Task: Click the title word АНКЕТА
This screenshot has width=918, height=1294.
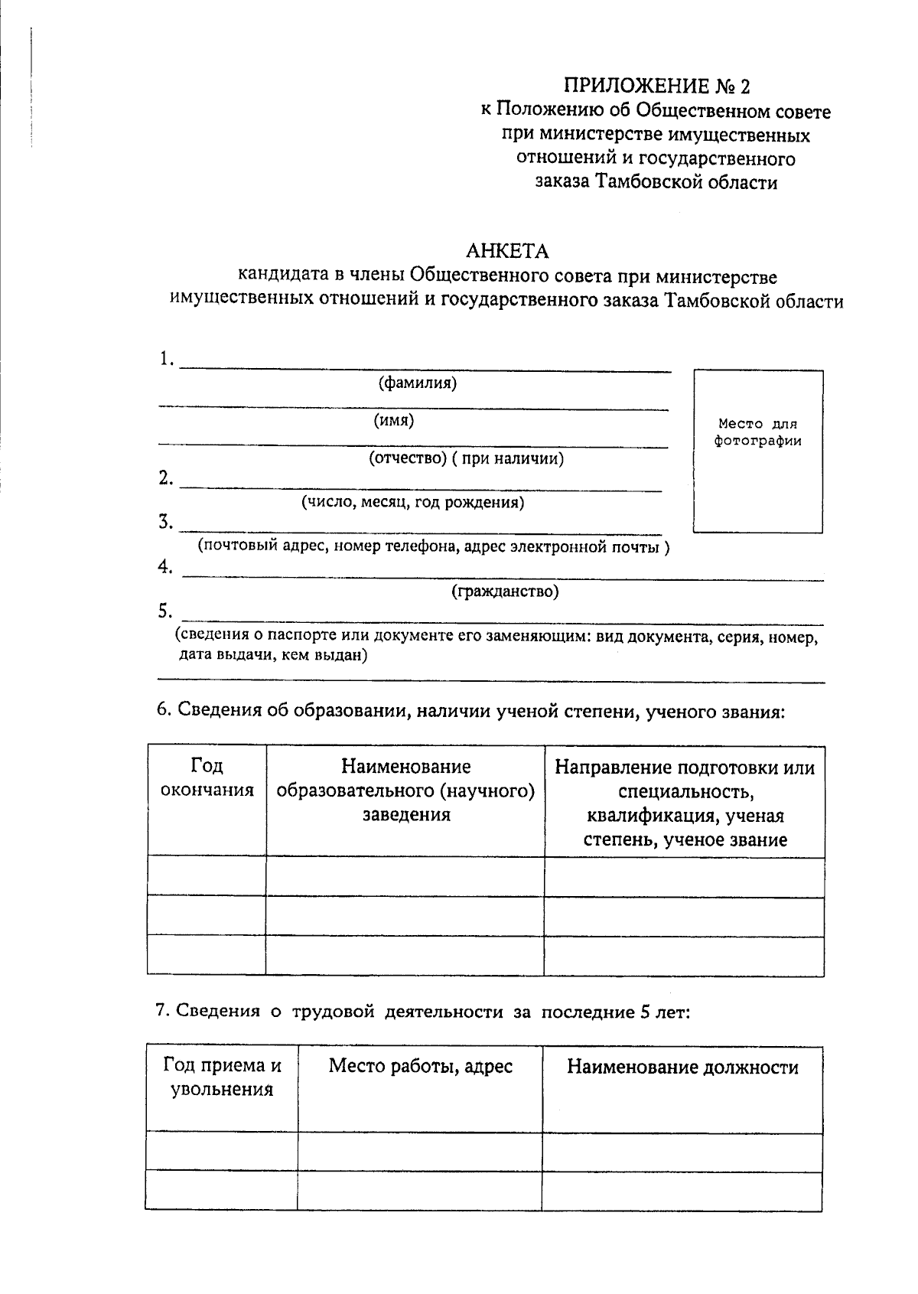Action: point(507,251)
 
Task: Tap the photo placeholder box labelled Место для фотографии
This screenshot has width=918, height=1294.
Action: point(757,451)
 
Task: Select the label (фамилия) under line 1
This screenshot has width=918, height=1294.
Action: point(418,383)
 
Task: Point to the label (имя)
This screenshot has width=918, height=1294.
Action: point(394,420)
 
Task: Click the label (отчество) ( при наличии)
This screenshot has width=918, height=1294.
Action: point(467,458)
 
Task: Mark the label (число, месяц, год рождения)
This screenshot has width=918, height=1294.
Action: point(412,503)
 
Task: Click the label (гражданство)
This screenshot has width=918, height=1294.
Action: point(505,592)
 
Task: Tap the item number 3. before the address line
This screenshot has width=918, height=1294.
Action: point(166,523)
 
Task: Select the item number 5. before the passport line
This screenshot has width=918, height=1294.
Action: point(166,611)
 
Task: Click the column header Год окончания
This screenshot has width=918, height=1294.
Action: point(207,778)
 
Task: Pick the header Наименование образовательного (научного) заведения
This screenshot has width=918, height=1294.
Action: point(405,790)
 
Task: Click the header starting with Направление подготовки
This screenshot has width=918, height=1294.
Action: point(684,803)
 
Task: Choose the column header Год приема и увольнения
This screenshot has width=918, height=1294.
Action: point(222,1077)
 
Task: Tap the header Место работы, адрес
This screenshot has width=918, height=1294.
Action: point(420,1066)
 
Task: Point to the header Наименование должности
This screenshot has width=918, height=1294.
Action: point(682,1067)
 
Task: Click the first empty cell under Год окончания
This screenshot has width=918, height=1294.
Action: point(207,876)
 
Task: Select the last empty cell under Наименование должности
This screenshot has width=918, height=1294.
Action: point(682,1190)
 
